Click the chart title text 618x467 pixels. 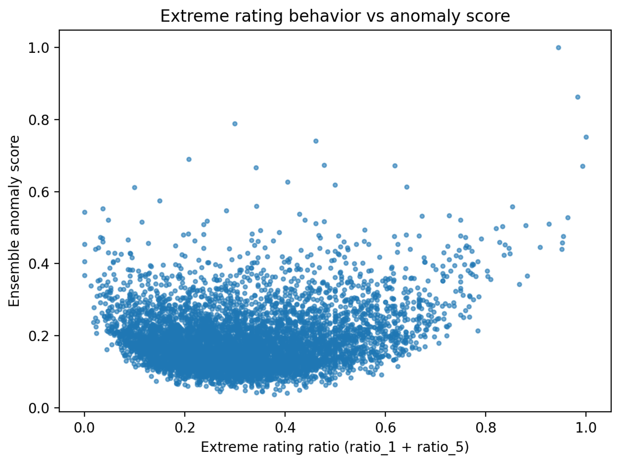(335, 16)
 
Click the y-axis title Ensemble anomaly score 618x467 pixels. (14, 221)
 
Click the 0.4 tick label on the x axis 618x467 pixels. (285, 428)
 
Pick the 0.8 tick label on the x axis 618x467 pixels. (485, 428)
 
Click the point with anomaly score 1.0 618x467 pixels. (558, 48)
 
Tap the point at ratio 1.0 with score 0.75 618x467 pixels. (586, 137)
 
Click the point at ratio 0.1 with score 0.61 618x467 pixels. (135, 187)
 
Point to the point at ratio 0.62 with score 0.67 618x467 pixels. (395, 166)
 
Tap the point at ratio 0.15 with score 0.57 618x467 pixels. (160, 201)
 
